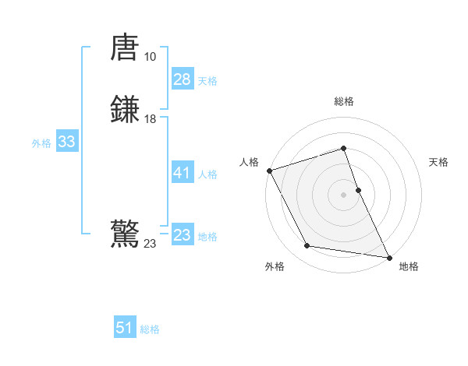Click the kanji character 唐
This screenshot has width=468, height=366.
[x=126, y=48]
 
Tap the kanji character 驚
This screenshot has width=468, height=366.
[x=126, y=234]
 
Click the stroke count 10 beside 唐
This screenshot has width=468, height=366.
[x=150, y=56]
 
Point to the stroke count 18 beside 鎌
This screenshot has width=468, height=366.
[x=150, y=119]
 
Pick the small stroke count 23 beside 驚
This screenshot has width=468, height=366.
[x=150, y=244]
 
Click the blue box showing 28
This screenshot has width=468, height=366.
[x=182, y=79]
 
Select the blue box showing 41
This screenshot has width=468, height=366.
[x=182, y=173]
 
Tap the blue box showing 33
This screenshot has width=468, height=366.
[x=66, y=142]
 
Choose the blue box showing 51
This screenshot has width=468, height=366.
[x=125, y=328]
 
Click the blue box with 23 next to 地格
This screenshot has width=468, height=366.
[x=182, y=234]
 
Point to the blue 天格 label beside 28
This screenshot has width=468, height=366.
[x=207, y=80]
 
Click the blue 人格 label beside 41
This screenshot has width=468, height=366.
[x=207, y=174]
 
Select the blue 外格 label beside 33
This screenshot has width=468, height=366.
[x=41, y=143]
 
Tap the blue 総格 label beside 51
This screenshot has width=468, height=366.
[x=150, y=329]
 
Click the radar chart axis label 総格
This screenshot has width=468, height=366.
[x=344, y=102]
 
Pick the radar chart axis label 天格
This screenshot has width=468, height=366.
[x=438, y=162]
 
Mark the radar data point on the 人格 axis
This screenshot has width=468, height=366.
[x=269, y=170]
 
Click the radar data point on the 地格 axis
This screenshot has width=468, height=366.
[x=388, y=256]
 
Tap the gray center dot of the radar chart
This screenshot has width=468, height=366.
[x=344, y=194]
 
